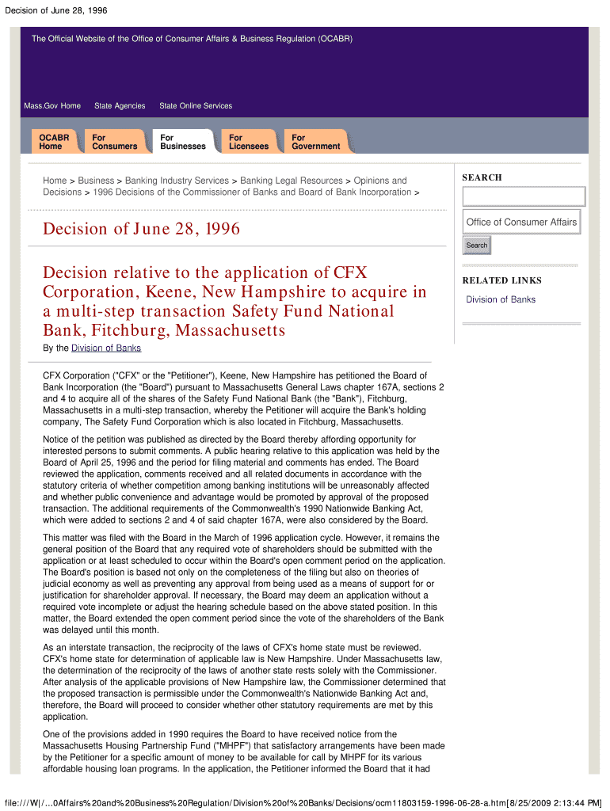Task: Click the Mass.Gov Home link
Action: [x=52, y=106]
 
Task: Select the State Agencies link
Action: [x=120, y=106]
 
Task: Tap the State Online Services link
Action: [x=196, y=106]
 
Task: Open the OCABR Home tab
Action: [x=54, y=142]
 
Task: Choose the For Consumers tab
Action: [x=114, y=142]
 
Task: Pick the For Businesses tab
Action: [x=182, y=142]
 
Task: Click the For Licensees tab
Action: [x=249, y=142]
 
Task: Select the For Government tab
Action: [x=315, y=142]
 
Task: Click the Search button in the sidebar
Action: [x=477, y=246]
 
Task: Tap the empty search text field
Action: [x=524, y=196]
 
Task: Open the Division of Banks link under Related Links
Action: [x=501, y=299]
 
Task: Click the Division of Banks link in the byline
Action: [x=106, y=348]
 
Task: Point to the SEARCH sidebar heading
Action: [x=482, y=177]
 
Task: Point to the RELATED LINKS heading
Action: [x=502, y=280]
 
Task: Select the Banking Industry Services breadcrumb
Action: [x=175, y=181]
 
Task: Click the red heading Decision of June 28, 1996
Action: [x=141, y=230]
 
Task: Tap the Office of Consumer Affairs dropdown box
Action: [x=521, y=223]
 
